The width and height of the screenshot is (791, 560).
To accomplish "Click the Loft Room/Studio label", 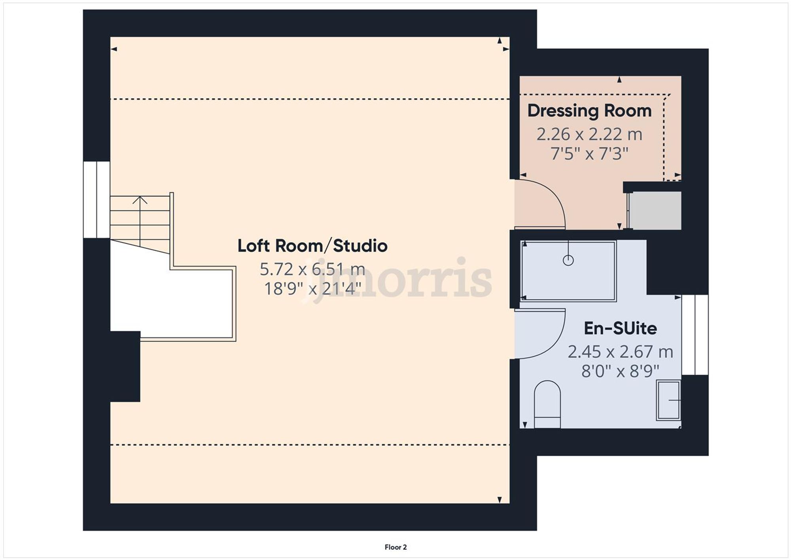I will (x=312, y=246).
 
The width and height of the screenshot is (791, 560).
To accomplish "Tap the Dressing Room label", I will (x=589, y=111).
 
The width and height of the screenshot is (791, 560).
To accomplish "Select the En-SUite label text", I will (x=620, y=328).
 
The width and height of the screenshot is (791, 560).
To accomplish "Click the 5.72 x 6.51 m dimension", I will (x=312, y=269).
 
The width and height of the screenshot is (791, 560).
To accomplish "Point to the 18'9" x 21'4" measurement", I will (x=312, y=289).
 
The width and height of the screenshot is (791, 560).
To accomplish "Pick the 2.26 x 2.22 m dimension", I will (x=589, y=134).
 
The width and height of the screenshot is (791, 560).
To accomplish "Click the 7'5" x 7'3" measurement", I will (x=589, y=154).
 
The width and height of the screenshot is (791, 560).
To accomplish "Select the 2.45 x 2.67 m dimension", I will (x=620, y=351).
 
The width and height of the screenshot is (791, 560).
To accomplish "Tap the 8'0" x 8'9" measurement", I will (x=620, y=371).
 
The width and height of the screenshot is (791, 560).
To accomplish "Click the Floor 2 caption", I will (x=395, y=547).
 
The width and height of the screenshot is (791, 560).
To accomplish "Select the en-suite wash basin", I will (x=668, y=400).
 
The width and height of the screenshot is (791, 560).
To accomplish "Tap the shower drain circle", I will (x=568, y=260).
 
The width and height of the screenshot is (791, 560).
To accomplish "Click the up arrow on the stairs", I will (x=140, y=200).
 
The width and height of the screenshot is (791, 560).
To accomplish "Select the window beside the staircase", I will (x=97, y=199).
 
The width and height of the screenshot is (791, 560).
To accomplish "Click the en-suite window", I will (x=695, y=335).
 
